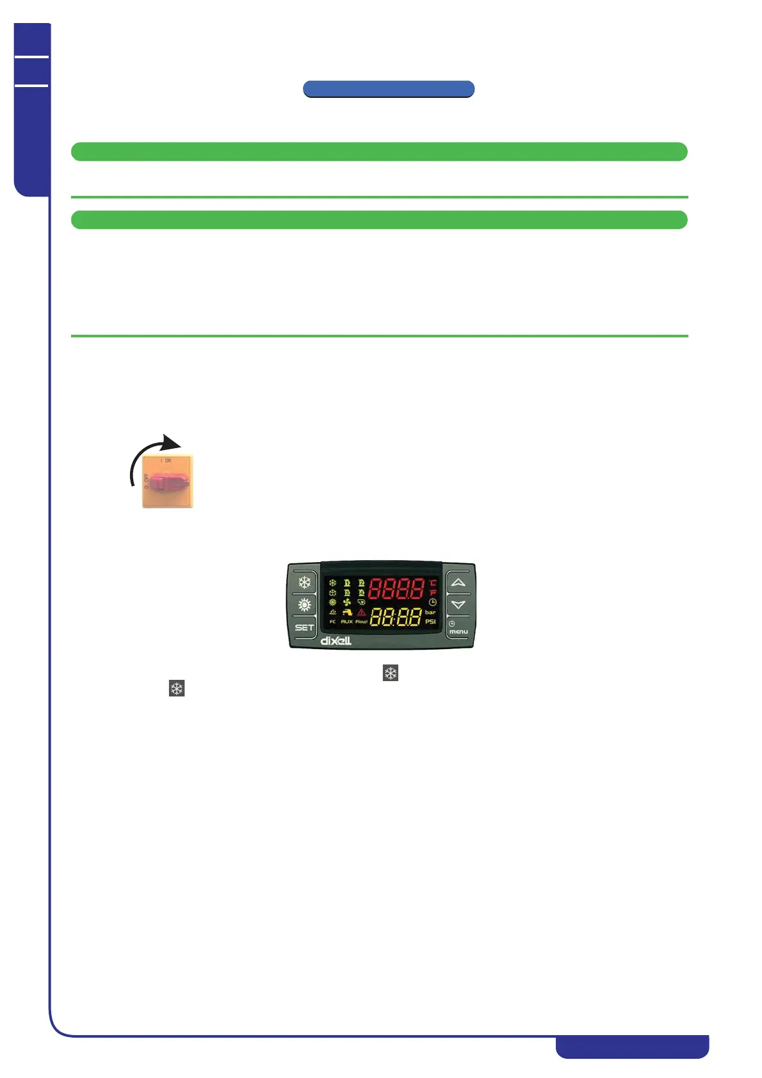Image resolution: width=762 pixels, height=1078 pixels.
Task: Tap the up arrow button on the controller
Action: [x=458, y=583]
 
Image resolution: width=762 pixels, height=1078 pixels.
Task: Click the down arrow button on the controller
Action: [x=458, y=604]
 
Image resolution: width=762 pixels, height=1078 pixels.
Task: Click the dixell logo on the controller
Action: [x=336, y=640]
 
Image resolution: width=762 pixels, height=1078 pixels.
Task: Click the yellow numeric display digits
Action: [x=396, y=617]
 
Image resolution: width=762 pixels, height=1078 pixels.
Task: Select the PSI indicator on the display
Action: [x=430, y=622]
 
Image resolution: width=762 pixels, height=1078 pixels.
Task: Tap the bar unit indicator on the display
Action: [x=430, y=612]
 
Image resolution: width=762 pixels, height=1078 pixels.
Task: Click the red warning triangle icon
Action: [x=361, y=612]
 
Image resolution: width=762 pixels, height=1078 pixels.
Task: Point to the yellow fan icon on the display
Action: [x=347, y=602]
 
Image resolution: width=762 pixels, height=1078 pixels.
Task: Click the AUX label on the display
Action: [x=346, y=622]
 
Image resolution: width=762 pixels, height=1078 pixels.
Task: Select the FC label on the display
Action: [x=332, y=622]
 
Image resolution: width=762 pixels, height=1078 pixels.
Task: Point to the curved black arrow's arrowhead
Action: [x=171, y=443]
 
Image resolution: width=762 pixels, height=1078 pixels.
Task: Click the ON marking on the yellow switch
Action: [x=168, y=461]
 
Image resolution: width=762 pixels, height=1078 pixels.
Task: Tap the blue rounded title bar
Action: [x=388, y=89]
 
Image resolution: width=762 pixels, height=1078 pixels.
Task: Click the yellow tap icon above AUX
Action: [x=347, y=612]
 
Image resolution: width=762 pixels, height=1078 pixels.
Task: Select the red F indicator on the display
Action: [x=433, y=593]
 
